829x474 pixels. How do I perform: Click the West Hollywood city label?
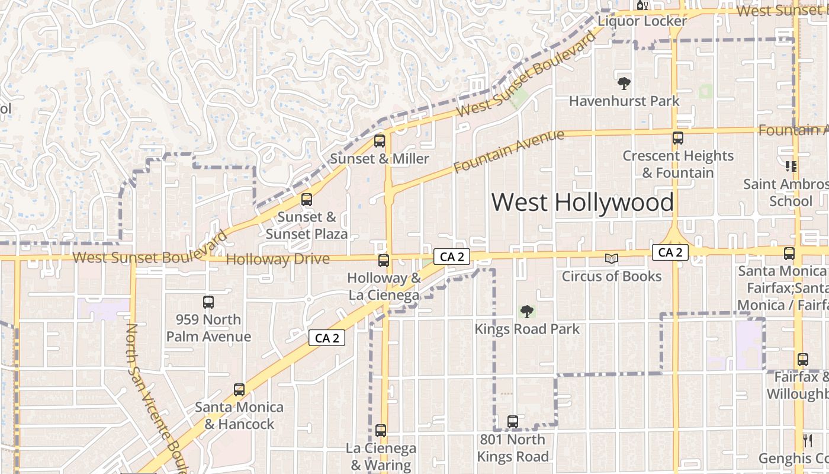coord(583,202)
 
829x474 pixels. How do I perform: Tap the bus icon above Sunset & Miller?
coord(380,141)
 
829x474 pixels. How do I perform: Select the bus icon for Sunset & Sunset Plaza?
coord(306,200)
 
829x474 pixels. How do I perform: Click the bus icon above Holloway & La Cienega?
coord(384,260)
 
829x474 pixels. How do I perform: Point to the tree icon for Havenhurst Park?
coord(624,84)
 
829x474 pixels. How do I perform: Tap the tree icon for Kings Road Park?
coord(526,312)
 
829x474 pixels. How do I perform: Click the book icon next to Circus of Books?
coord(611,259)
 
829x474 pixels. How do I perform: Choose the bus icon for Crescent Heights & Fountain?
coord(678,138)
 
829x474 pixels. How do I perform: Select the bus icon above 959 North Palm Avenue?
coord(208,302)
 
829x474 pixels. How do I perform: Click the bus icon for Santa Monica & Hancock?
coord(239,390)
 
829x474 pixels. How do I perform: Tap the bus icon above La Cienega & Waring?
coord(381,431)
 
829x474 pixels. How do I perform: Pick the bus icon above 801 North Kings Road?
coord(513,422)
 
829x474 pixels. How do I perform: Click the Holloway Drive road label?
coord(278,260)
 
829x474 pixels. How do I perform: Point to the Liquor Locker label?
coord(642,21)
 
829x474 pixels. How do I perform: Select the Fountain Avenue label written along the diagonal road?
coord(509,152)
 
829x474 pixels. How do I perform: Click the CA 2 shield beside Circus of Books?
coord(670,252)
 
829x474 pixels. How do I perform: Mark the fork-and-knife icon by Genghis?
coord(807,440)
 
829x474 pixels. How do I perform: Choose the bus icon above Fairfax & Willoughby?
coord(802,360)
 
